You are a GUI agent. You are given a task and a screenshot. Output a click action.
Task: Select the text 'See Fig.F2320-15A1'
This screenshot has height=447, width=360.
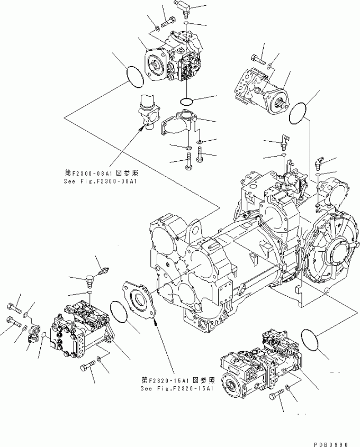click(177, 388)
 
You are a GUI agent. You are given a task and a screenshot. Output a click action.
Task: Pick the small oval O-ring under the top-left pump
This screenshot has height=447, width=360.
click(188, 101)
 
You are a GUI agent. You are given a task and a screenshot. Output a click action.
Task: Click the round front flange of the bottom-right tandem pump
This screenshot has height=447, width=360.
click(231, 385)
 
